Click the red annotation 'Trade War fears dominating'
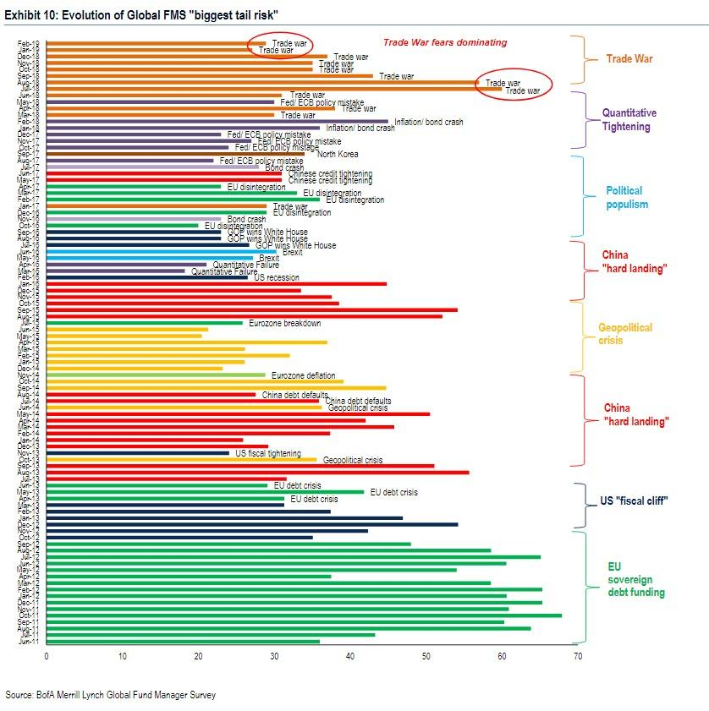[x=445, y=42]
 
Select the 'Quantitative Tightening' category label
[x=629, y=119]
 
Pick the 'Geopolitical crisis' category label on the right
[x=625, y=333]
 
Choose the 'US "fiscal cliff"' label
[x=634, y=500]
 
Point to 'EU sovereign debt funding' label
[x=636, y=579]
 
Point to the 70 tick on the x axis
[x=575, y=655]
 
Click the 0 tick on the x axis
[x=47, y=655]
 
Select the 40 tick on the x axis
[x=350, y=655]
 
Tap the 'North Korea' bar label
[x=338, y=154]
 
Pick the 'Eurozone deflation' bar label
[x=303, y=375]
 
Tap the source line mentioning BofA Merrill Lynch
[x=110, y=695]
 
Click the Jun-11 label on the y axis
[x=29, y=642]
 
